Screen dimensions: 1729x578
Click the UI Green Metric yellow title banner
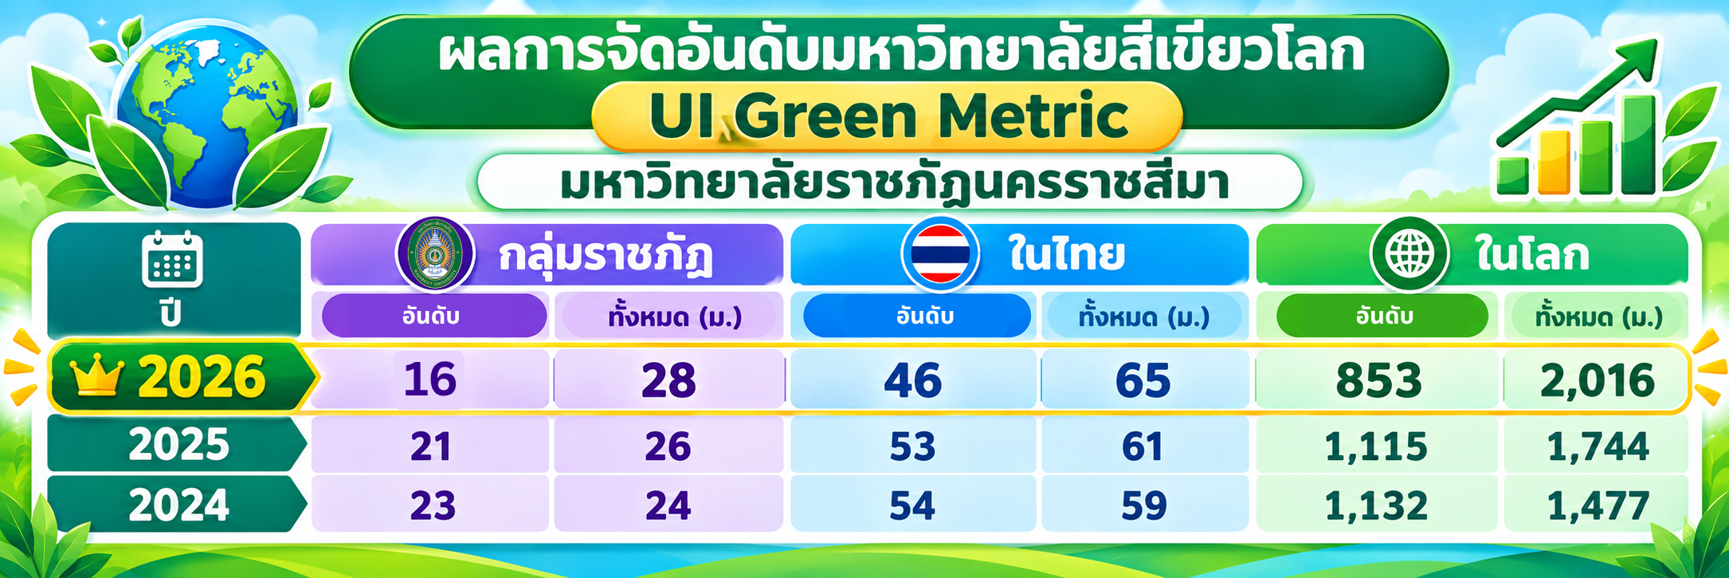[x=887, y=116]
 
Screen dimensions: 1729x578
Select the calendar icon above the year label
[x=172, y=258]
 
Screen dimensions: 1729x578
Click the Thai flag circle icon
[x=940, y=254]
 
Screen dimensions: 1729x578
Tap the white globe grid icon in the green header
[x=1409, y=254]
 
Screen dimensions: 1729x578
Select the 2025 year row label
[x=177, y=444]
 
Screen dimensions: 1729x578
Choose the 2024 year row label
[x=177, y=505]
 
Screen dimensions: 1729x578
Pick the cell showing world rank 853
[x=1378, y=379]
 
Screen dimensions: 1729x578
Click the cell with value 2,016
[x=1596, y=379]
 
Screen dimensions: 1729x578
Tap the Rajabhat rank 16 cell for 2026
[x=430, y=379]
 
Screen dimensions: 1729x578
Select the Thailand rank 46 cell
[x=913, y=379]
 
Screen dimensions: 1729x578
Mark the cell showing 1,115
[x=1377, y=446]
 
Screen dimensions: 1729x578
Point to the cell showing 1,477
[x=1597, y=505]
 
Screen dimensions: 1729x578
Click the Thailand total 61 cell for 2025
[x=1143, y=446]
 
